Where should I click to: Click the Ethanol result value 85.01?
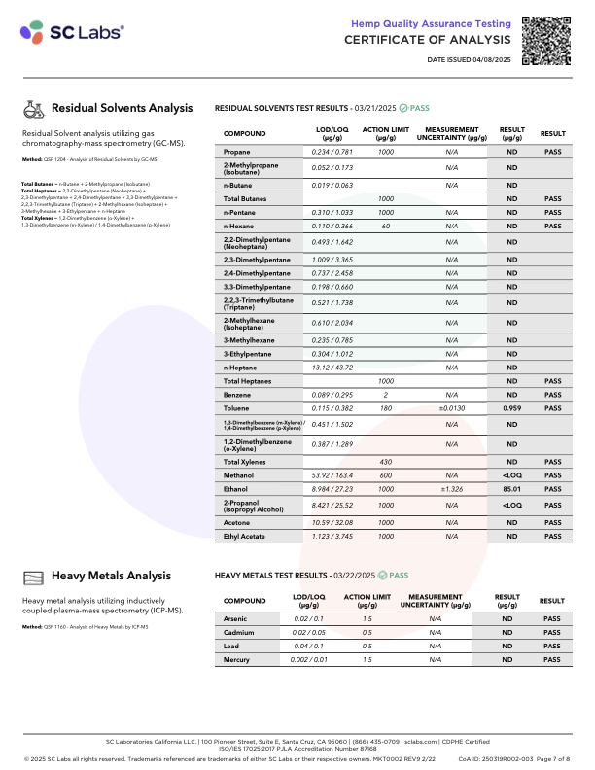(511, 490)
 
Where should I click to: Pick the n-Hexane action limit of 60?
(386, 226)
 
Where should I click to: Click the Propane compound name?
(237, 153)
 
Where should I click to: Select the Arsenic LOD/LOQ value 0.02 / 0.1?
(308, 618)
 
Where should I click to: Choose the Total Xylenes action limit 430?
(386, 461)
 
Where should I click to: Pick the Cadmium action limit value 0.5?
(367, 632)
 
